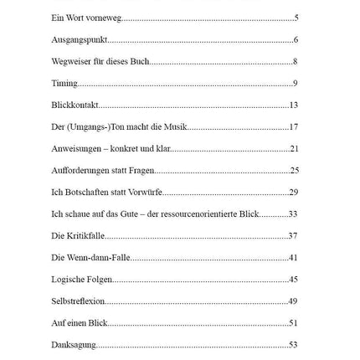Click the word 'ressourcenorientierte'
point(199,213)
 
